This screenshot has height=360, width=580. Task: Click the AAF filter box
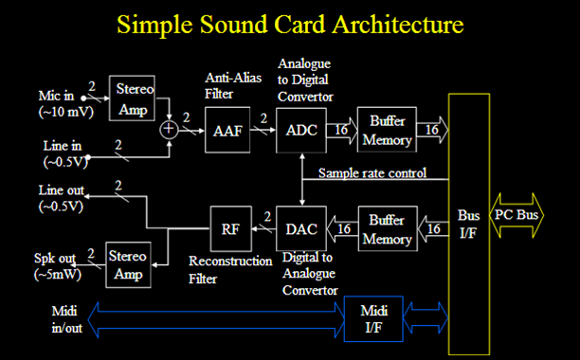pyautogui.click(x=227, y=132)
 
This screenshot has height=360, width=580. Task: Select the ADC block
pyautogui.click(x=300, y=132)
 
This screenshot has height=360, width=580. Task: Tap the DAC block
pyautogui.click(x=299, y=227)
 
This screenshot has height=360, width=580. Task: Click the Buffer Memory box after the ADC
pyautogui.click(x=388, y=132)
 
